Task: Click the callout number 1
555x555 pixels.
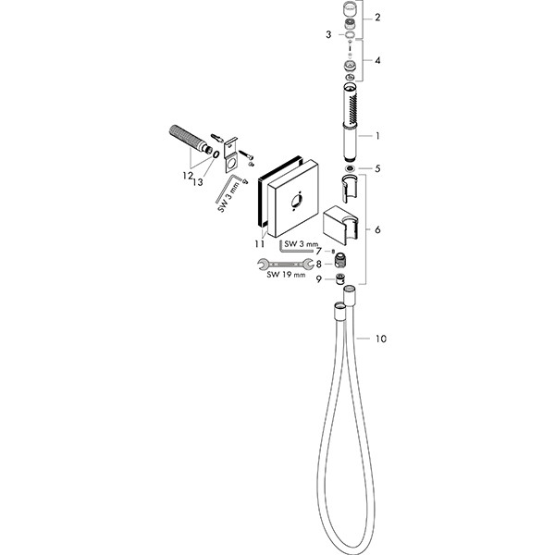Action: (x=377, y=136)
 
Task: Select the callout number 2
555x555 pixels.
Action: (x=377, y=18)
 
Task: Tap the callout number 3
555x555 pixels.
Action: (x=328, y=35)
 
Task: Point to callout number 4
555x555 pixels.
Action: (x=377, y=60)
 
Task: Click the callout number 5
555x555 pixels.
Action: (x=377, y=168)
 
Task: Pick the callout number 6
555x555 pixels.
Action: (x=377, y=230)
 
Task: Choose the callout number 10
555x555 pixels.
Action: (x=380, y=339)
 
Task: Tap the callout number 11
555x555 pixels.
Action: (x=259, y=244)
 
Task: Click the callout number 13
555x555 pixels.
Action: (x=198, y=182)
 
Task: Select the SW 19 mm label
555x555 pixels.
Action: (x=286, y=275)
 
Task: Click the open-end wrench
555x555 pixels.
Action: (x=285, y=264)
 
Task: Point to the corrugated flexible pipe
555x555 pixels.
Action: (x=189, y=139)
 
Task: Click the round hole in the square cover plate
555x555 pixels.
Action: (x=296, y=202)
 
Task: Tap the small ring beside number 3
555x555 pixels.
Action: (x=350, y=35)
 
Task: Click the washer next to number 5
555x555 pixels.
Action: (x=350, y=168)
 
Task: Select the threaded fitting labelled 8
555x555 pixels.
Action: (x=339, y=261)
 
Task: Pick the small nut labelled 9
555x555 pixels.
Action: (x=339, y=279)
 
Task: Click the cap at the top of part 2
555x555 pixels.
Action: (x=350, y=8)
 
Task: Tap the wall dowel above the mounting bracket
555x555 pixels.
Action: (x=217, y=137)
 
